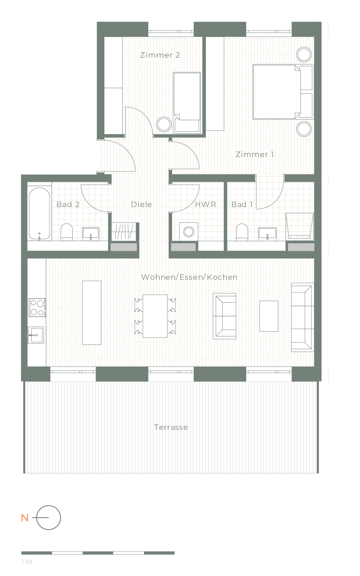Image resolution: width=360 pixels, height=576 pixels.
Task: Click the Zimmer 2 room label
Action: (160, 55)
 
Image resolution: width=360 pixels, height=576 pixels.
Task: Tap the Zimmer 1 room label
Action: (255, 154)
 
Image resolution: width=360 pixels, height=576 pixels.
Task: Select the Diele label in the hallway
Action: (141, 204)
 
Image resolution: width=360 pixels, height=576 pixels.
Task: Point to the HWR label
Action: (206, 204)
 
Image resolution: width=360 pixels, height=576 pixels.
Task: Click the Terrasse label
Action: (171, 427)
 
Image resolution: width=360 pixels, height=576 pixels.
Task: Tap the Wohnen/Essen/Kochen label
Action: (189, 277)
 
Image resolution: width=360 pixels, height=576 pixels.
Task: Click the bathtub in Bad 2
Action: (39, 213)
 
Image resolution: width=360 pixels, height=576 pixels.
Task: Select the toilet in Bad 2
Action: (67, 232)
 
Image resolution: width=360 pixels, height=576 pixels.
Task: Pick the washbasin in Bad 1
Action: (267, 234)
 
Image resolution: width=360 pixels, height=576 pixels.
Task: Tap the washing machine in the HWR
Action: (189, 232)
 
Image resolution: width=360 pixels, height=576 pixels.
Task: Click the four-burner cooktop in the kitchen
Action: (37, 307)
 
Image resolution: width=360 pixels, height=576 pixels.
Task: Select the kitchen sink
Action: (36, 335)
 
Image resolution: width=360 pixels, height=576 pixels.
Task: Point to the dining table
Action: (155, 316)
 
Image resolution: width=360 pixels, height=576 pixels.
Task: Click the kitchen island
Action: (92, 313)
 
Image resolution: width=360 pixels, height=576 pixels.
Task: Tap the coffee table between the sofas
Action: (269, 316)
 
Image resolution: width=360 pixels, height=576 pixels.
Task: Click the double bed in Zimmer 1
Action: (277, 92)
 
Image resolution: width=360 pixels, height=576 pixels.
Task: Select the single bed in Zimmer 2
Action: (187, 103)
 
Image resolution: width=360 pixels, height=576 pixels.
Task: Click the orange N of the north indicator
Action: (25, 518)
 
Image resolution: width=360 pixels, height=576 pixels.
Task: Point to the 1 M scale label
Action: (27, 562)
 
